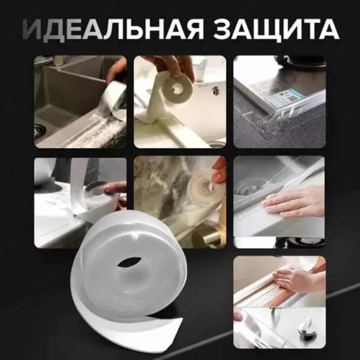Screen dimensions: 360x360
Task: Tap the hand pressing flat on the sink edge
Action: (292, 200)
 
